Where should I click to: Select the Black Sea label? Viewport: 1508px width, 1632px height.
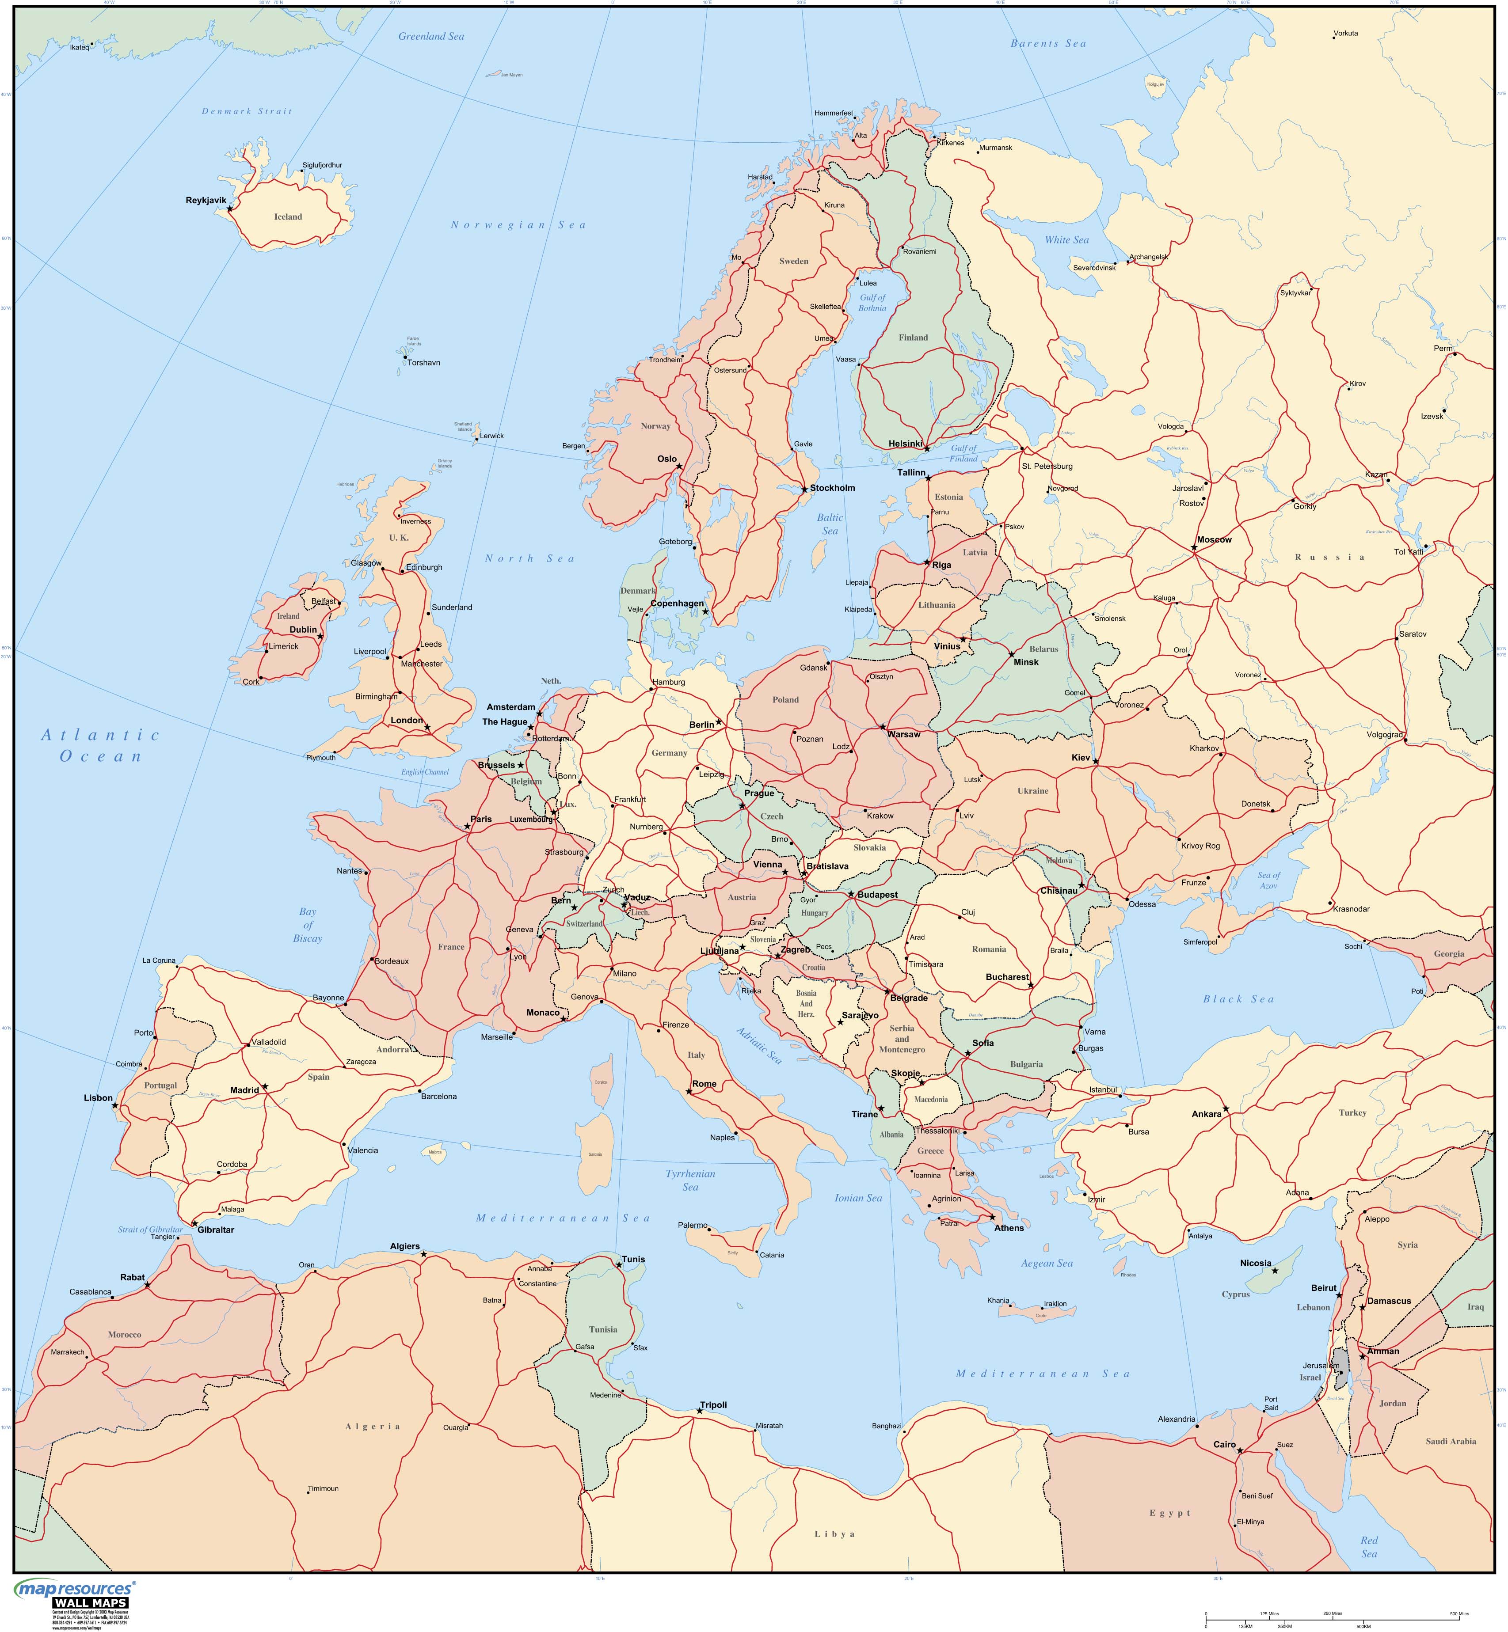(1238, 999)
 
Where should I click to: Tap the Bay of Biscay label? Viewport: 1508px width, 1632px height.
(308, 925)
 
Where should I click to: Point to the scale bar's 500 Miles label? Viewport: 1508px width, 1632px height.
(1459, 1614)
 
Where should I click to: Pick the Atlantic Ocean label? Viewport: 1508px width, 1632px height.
(101, 745)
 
